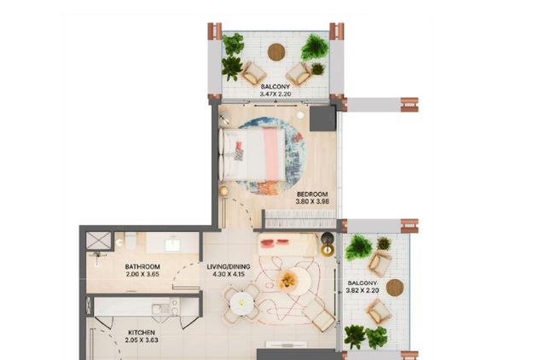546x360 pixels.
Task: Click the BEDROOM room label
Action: pos(312,195)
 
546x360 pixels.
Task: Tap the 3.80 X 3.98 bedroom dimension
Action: pos(312,201)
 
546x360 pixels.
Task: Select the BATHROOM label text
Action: pos(142,267)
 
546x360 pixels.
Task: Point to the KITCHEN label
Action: pos(142,333)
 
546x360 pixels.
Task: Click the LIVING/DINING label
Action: pos(229,267)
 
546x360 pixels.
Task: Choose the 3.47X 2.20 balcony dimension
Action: pos(275,94)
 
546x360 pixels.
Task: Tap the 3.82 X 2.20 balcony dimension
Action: pos(363,290)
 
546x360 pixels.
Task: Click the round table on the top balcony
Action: pos(276,52)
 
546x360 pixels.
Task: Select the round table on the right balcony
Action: pos(395,287)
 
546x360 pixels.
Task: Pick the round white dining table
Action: pos(241,304)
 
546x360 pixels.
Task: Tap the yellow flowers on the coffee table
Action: pos(288,280)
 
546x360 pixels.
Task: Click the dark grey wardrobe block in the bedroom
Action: pos(322,119)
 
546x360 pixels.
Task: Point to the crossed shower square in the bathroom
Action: pos(99,241)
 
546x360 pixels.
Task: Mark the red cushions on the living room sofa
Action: pos(275,242)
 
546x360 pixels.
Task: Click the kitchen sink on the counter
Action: pos(160,309)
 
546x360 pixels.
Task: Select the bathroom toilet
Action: pos(131,241)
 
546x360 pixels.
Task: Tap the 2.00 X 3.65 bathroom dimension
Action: pos(142,274)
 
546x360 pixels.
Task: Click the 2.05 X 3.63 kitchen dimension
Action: pos(142,340)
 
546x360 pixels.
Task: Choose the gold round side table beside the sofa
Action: pos(328,250)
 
